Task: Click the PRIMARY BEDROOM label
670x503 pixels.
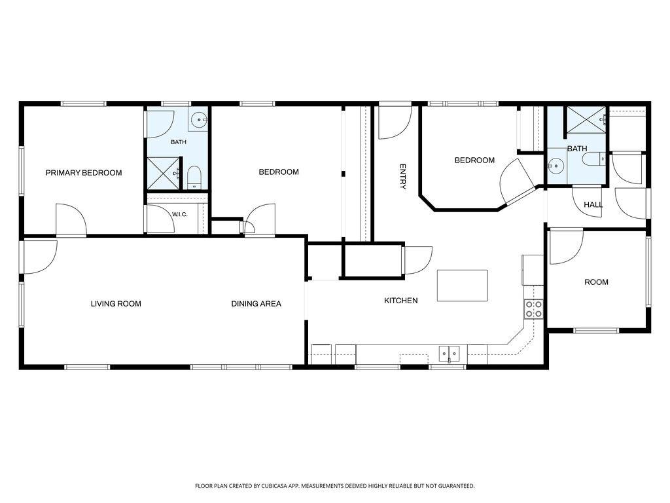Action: [x=84, y=173]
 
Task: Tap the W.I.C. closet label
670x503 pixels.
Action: [x=179, y=214]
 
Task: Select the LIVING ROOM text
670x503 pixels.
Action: [x=116, y=304]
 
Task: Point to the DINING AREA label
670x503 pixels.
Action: [x=256, y=304]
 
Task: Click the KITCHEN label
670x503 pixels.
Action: [x=401, y=301]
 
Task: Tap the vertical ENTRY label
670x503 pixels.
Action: [x=402, y=176]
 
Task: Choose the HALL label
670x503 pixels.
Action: [x=593, y=205]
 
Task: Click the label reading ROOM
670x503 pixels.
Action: [x=596, y=282]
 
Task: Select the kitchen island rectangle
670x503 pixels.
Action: [x=463, y=286]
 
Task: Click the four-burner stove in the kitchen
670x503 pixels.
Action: [x=534, y=309]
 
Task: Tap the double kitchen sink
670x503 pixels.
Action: [x=449, y=354]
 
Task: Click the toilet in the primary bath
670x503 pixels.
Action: [x=194, y=177]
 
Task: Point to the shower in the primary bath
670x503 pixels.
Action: [x=163, y=173]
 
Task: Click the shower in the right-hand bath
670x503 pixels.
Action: [x=586, y=121]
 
